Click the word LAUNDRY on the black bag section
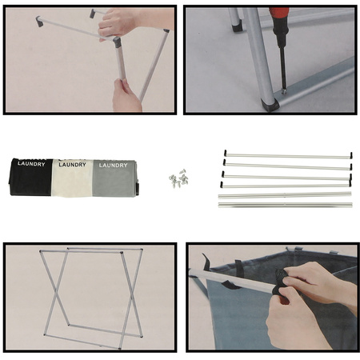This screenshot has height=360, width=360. (31, 164)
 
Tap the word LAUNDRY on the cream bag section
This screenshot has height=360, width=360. (72, 165)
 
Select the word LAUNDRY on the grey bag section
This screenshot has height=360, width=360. (113, 166)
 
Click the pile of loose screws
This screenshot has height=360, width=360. (178, 178)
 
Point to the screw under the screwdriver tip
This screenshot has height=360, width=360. (285, 91)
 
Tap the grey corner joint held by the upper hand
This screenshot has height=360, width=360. (117, 42)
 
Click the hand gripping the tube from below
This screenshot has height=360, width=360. (126, 96)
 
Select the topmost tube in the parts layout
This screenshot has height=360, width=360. (288, 156)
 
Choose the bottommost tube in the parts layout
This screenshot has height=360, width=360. (286, 205)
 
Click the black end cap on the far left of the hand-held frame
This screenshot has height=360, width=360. (39, 22)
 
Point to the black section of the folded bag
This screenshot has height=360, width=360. (31, 178)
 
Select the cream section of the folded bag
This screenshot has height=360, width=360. (72, 178)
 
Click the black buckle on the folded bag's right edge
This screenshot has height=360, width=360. (138, 187)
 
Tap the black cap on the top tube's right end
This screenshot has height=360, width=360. (351, 155)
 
